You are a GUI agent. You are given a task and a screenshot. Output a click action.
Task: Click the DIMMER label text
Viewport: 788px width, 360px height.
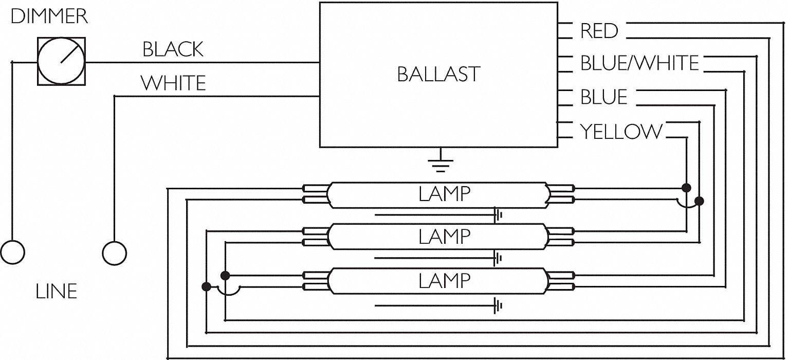49,17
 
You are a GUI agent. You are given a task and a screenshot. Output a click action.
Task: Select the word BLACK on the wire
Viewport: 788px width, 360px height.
173,49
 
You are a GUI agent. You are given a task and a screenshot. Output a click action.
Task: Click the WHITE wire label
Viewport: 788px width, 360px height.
173,83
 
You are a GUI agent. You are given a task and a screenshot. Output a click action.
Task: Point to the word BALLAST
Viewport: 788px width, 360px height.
438,75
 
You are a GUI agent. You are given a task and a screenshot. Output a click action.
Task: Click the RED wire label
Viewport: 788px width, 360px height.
599,31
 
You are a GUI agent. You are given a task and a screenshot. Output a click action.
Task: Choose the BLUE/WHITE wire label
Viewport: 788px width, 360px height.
639,63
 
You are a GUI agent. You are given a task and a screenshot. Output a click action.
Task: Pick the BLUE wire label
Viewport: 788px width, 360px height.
604,97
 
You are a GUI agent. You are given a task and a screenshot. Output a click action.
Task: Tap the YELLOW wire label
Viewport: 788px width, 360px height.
621,132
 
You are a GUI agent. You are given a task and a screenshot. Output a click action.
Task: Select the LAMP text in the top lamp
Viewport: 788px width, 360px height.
444,194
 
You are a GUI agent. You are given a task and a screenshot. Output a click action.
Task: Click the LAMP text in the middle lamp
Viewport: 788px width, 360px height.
444,237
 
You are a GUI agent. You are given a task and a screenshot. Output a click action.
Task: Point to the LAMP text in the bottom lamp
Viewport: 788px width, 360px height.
444,281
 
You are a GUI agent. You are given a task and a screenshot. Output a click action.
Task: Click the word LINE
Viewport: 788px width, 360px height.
56,292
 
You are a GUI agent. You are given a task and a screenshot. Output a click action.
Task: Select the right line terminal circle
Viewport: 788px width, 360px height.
114,253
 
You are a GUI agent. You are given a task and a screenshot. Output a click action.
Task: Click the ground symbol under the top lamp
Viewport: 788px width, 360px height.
497,215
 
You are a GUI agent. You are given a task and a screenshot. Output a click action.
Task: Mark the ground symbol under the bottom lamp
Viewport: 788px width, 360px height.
497,307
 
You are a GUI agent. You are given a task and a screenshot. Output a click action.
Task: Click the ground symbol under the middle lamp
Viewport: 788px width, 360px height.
497,258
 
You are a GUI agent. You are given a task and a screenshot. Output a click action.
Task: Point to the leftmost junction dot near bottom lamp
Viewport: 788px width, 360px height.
206,286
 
